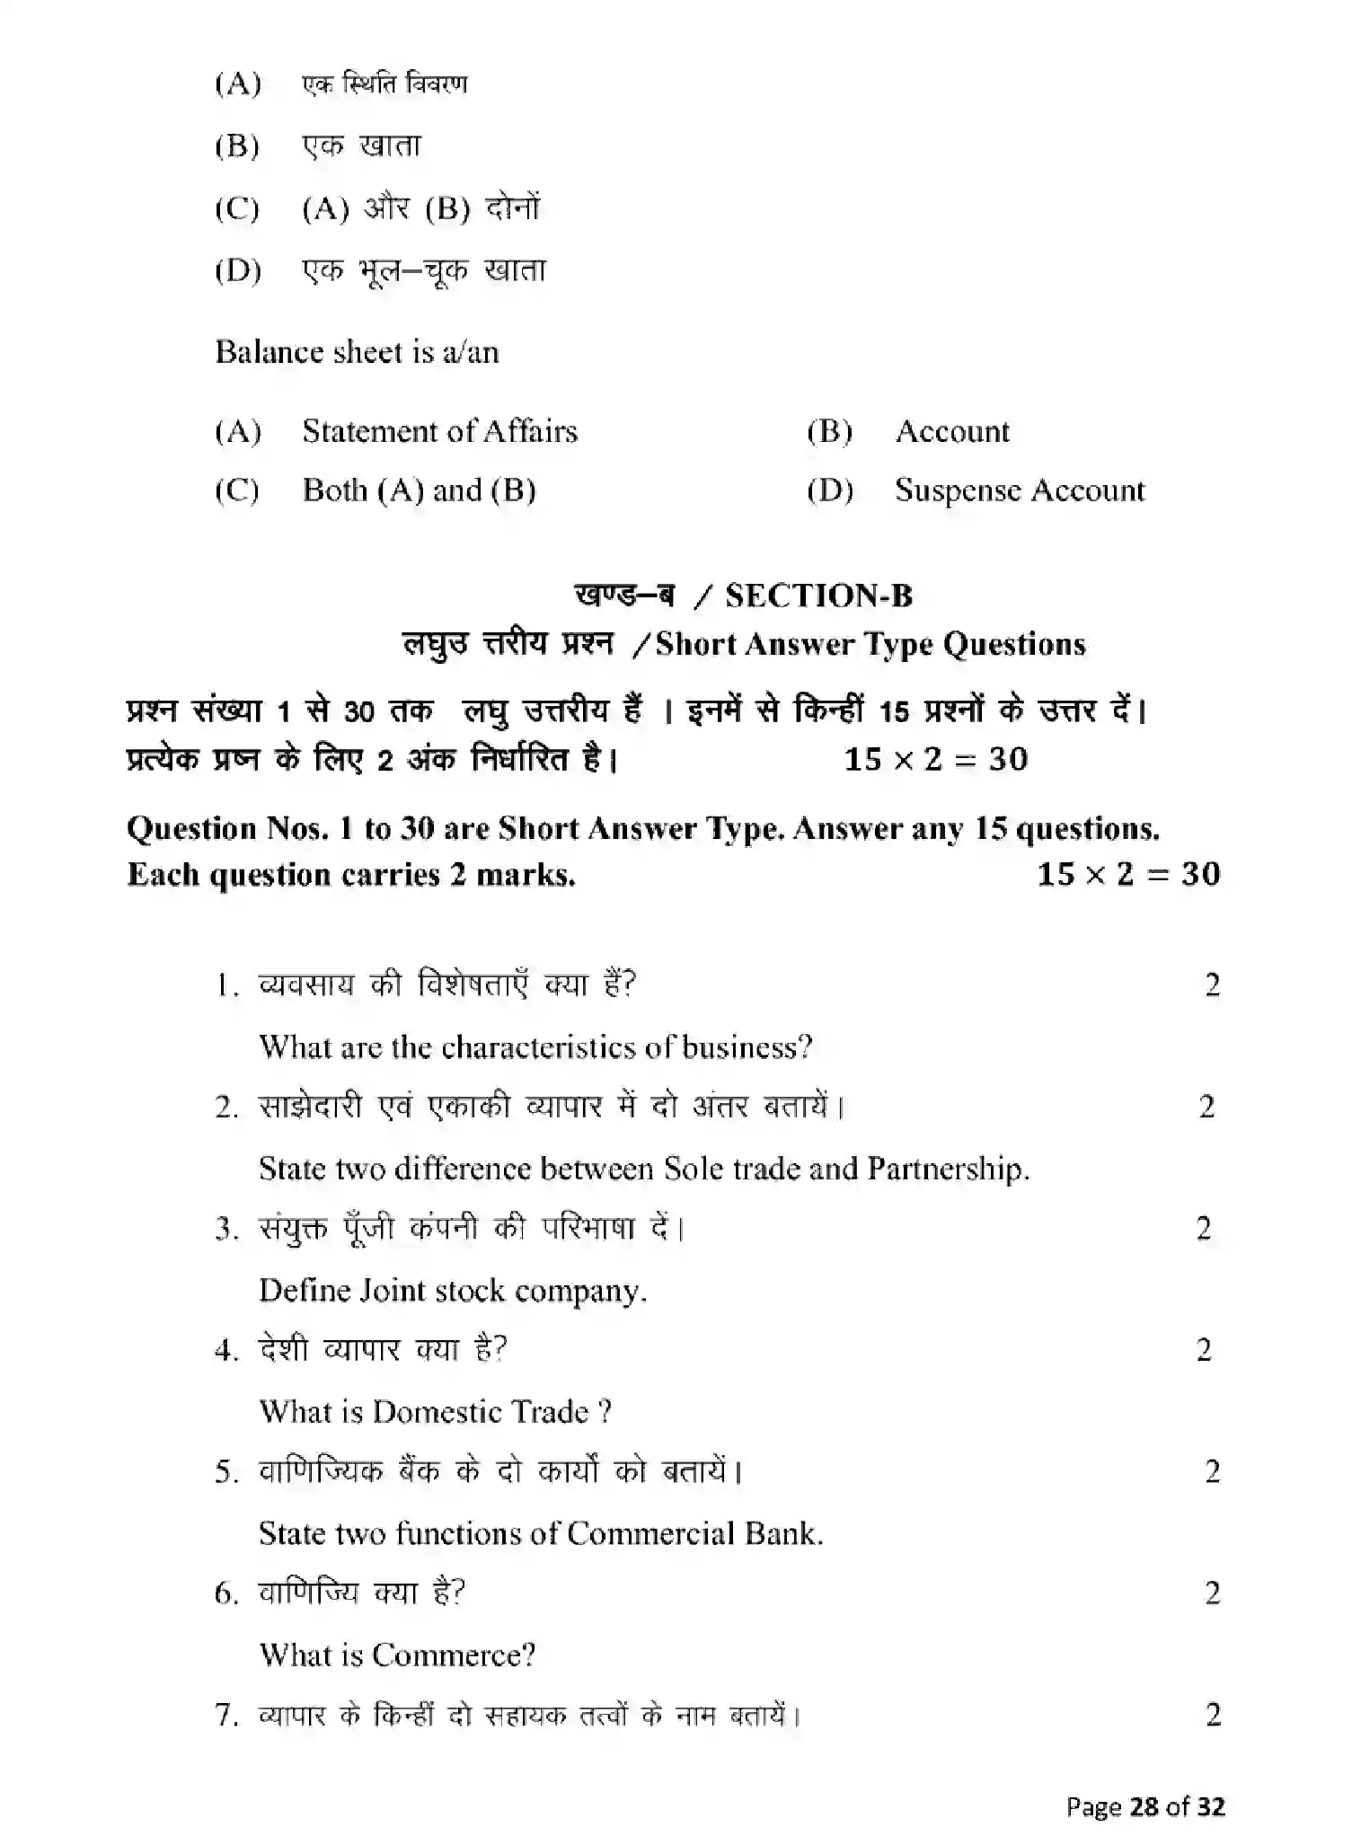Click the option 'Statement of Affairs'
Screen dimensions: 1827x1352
[439, 431]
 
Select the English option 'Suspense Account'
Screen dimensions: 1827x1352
[1020, 490]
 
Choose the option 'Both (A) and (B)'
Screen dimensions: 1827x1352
[419, 490]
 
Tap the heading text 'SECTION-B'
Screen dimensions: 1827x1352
[818, 596]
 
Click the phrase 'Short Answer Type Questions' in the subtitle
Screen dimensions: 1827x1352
[870, 644]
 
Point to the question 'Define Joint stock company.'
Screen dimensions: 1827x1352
[453, 1291]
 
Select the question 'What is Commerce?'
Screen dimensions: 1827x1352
[397, 1655]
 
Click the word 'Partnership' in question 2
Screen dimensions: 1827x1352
[947, 1169]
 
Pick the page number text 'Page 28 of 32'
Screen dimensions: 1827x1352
[1145, 1805]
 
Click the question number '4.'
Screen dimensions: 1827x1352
[226, 1350]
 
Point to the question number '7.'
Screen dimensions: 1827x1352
[226, 1715]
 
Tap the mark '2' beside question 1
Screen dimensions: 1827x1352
[1212, 985]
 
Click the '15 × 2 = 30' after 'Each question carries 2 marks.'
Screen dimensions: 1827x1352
[1128, 874]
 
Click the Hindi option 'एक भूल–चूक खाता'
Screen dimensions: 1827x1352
[424, 269]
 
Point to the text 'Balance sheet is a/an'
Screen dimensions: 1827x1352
[357, 351]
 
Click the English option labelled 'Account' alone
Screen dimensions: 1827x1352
[952, 431]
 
